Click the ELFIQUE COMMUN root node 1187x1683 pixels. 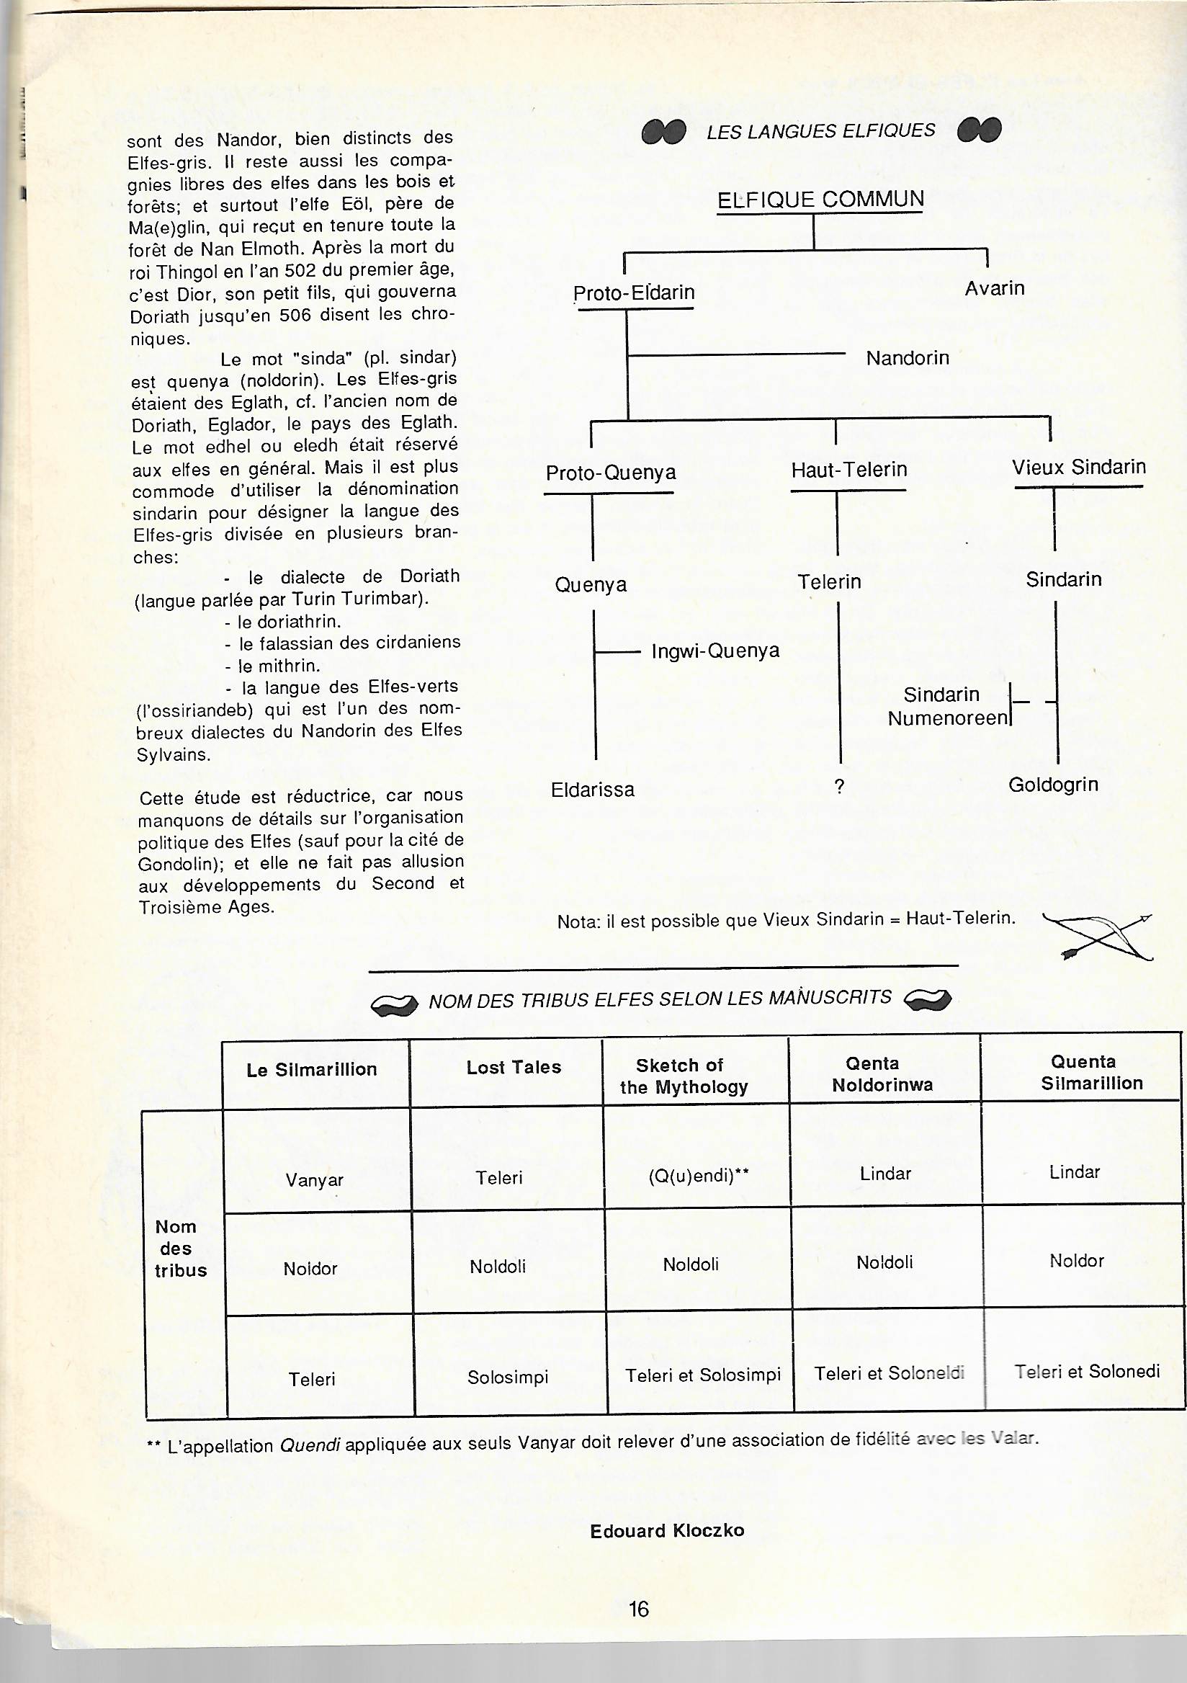(x=820, y=200)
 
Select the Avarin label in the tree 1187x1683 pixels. (x=994, y=288)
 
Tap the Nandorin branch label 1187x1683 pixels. (x=907, y=358)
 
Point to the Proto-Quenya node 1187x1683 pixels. (x=610, y=473)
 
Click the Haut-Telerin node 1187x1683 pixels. (x=848, y=470)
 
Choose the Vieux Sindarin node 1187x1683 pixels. (x=1078, y=468)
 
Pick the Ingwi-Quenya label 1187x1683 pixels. (x=715, y=651)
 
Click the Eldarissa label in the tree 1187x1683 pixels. (x=592, y=790)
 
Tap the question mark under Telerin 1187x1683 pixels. (x=839, y=787)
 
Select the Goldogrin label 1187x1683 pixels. (x=1053, y=785)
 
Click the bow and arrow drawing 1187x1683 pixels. (x=1098, y=935)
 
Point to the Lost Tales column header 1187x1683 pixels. (x=514, y=1067)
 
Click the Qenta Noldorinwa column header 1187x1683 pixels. (x=882, y=1074)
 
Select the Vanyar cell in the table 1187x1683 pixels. (x=314, y=1180)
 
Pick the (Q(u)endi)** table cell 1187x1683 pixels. (x=698, y=1177)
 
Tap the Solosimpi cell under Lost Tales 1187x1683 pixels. (x=508, y=1378)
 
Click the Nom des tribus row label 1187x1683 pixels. (x=180, y=1249)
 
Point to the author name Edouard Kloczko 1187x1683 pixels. (x=667, y=1530)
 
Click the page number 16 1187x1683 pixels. (x=638, y=1609)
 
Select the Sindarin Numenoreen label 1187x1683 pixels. (x=946, y=706)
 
